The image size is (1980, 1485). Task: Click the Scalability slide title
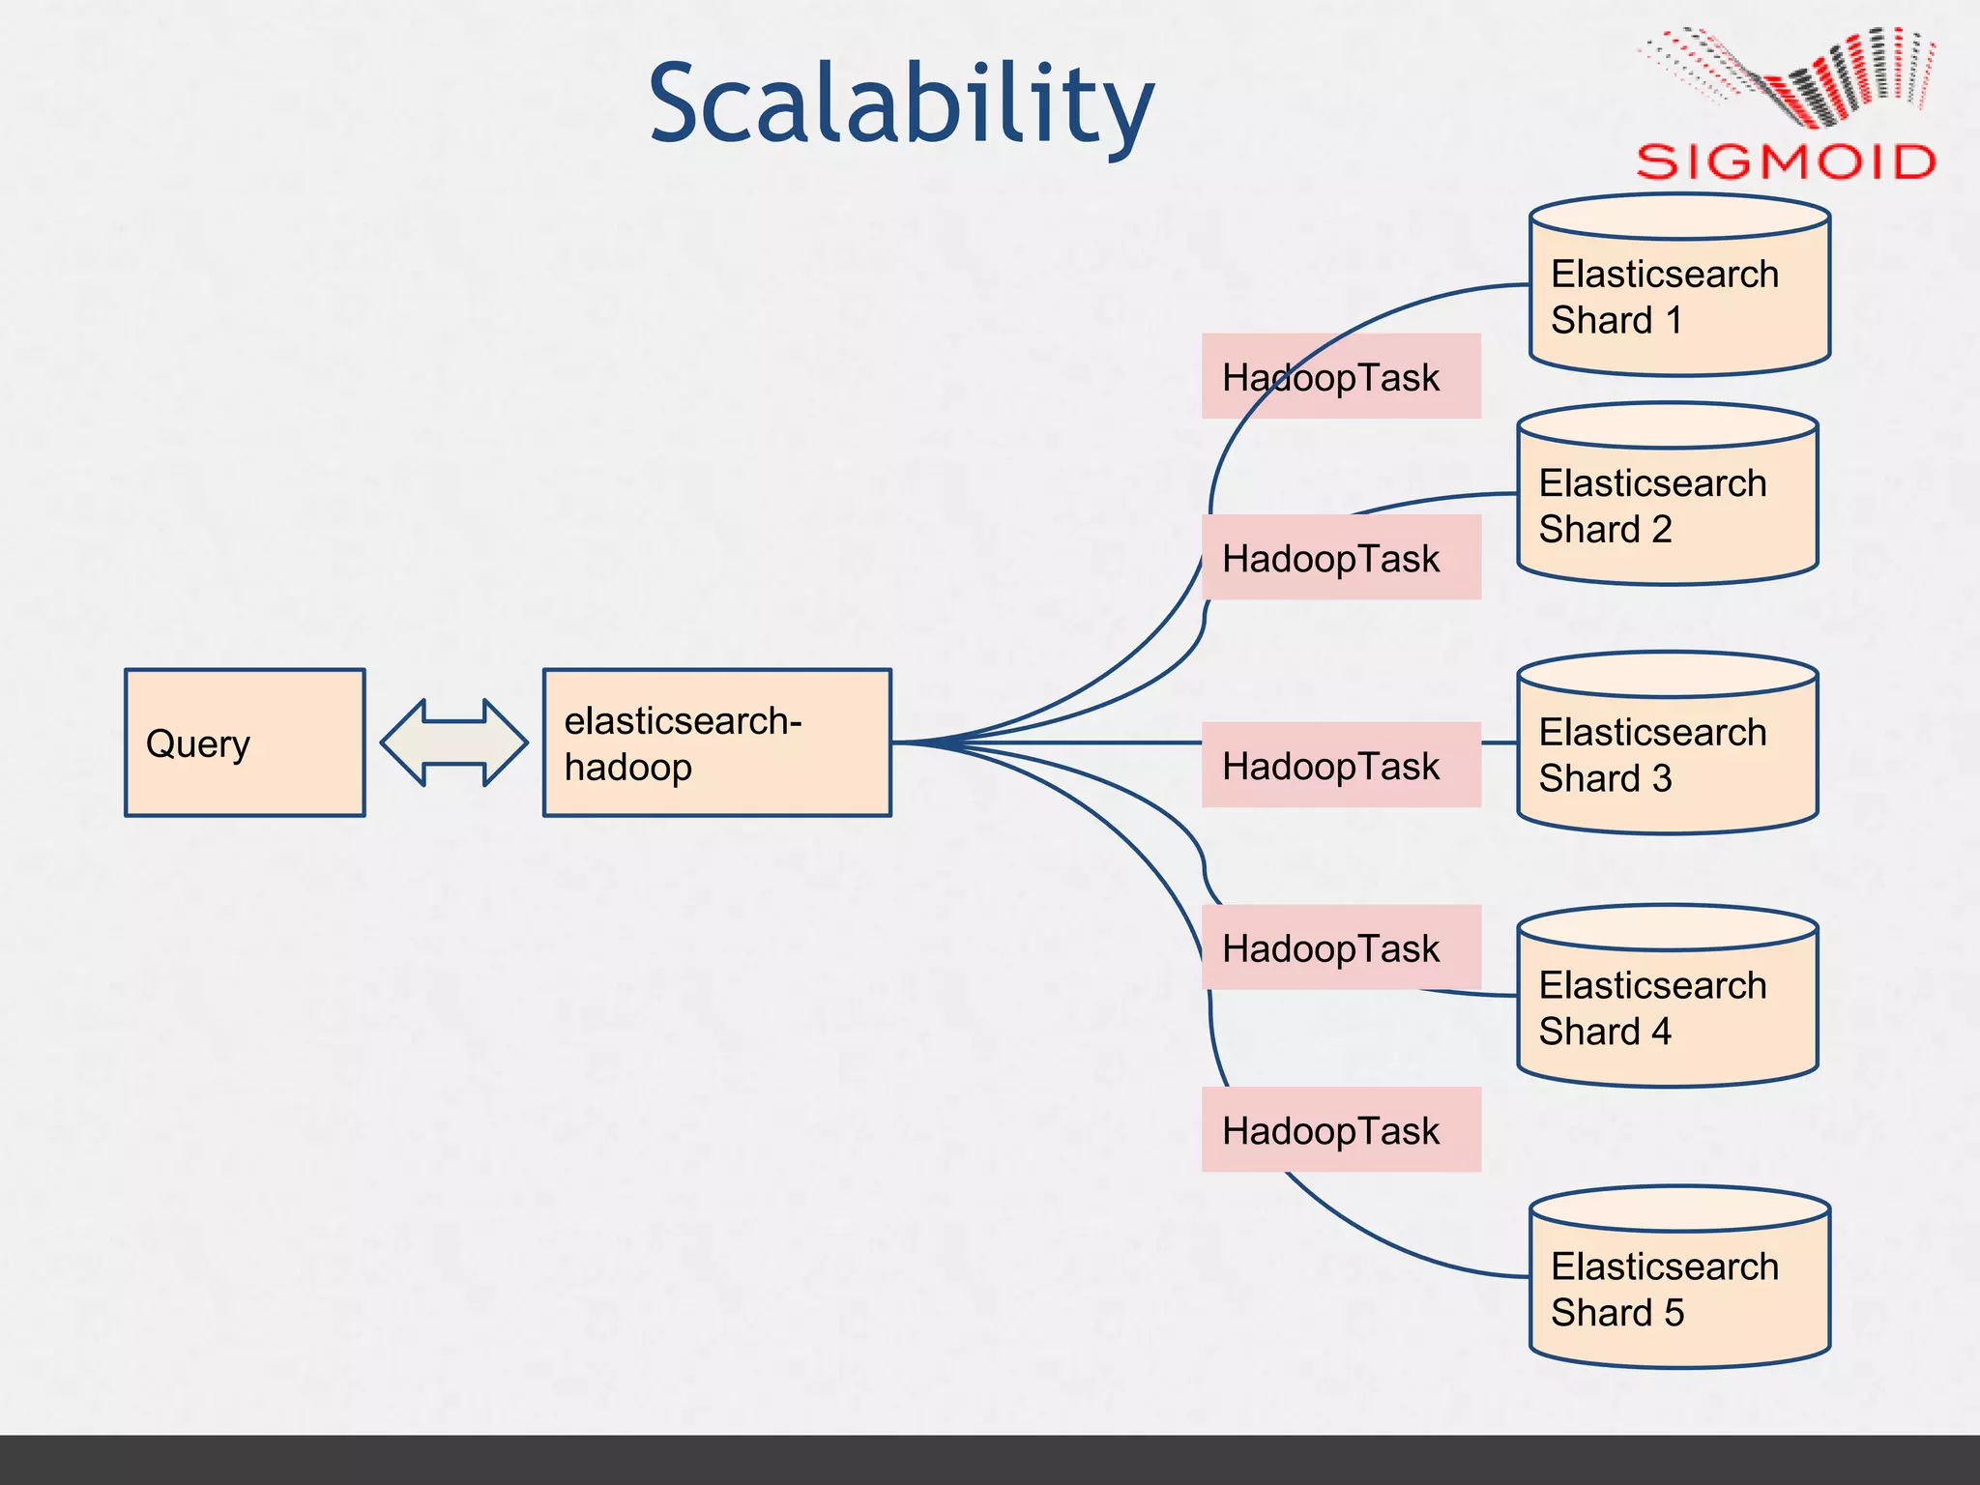pos(901,103)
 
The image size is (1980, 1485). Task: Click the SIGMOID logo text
pos(1785,161)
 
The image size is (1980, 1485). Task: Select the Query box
pos(245,742)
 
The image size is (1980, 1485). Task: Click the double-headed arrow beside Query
pos(454,742)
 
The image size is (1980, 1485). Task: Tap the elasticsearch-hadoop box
pos(716,742)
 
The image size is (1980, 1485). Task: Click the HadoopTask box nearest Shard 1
pos(1341,377)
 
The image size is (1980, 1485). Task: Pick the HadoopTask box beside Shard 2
pos(1341,558)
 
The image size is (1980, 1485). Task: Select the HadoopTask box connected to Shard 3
pos(1341,765)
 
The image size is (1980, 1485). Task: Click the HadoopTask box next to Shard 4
pos(1341,947)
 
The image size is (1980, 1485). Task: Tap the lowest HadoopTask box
pos(1341,1129)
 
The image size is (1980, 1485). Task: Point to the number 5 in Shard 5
pos(1674,1313)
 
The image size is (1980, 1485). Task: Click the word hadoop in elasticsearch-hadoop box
pos(628,768)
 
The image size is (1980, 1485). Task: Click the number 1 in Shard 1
pos(1674,321)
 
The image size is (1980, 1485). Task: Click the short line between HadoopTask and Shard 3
pos(1499,742)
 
